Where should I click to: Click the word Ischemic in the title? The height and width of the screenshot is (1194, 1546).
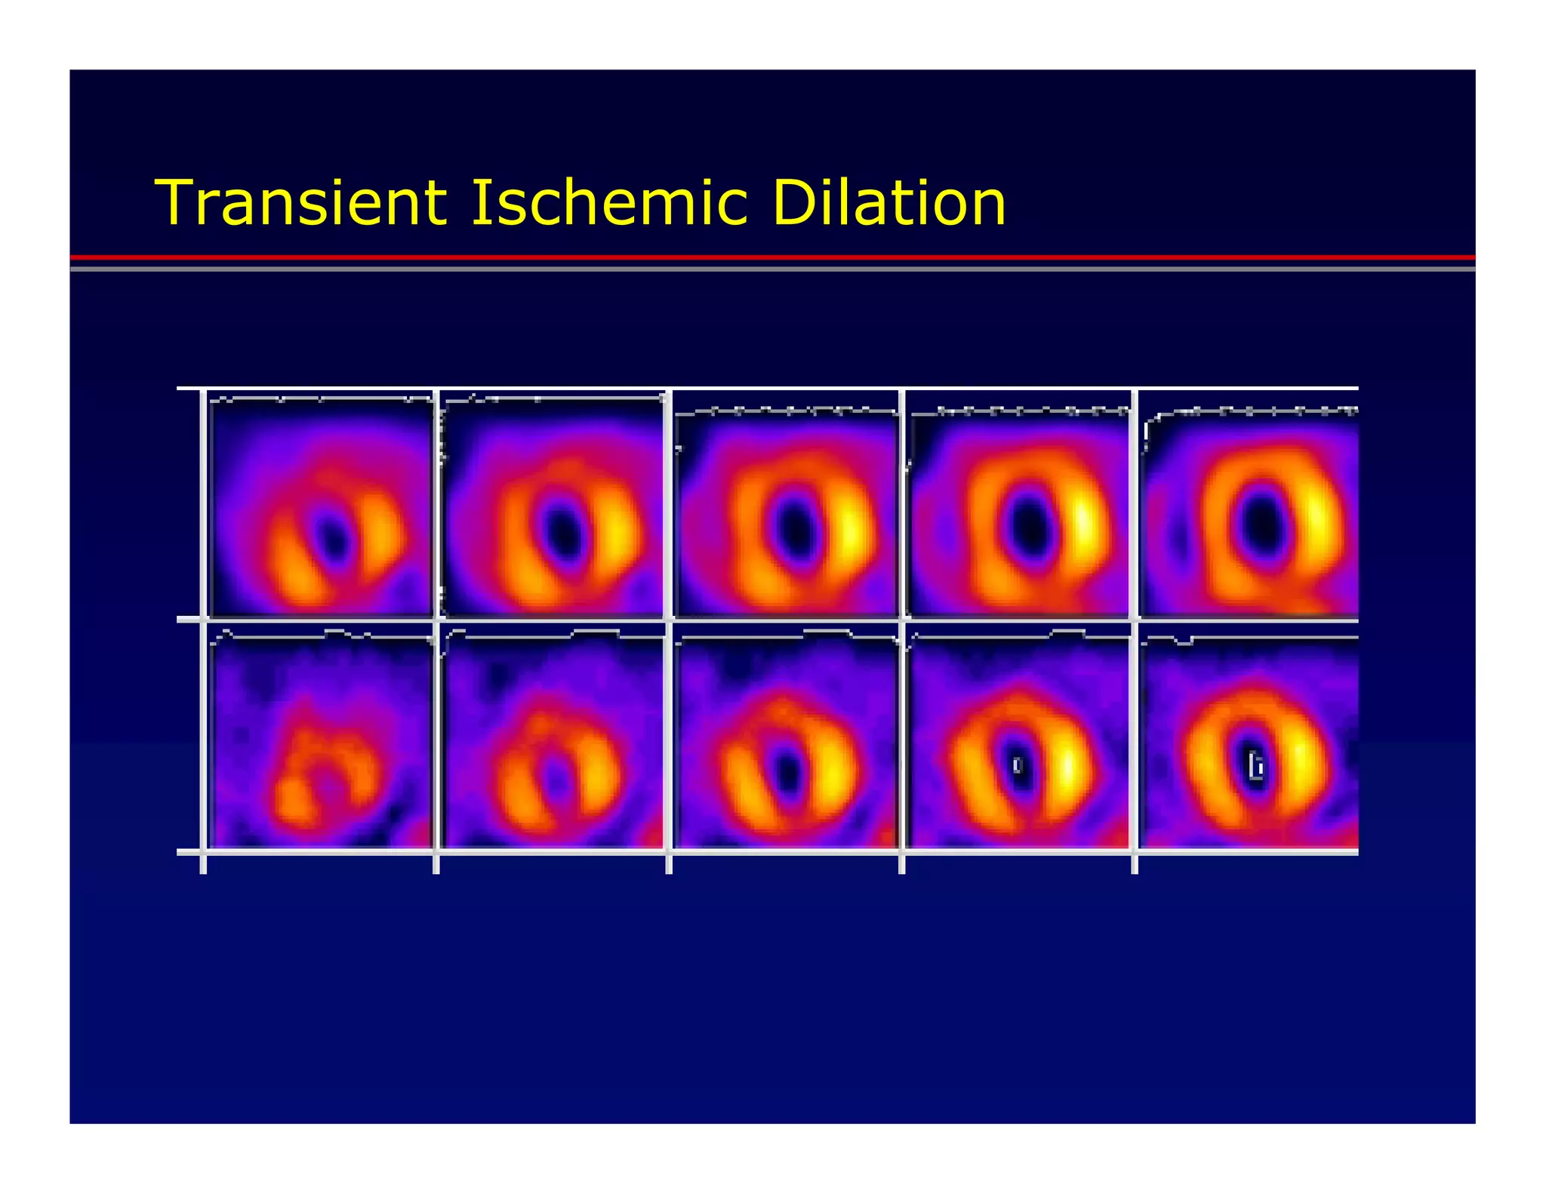click(x=608, y=203)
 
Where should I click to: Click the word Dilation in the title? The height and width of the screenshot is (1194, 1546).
click(x=888, y=203)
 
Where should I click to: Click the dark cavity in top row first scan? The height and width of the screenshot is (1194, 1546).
click(x=331, y=537)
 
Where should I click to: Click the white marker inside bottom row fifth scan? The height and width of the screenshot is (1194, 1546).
click(x=1255, y=766)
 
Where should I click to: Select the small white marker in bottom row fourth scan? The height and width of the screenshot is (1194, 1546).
click(x=1018, y=765)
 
